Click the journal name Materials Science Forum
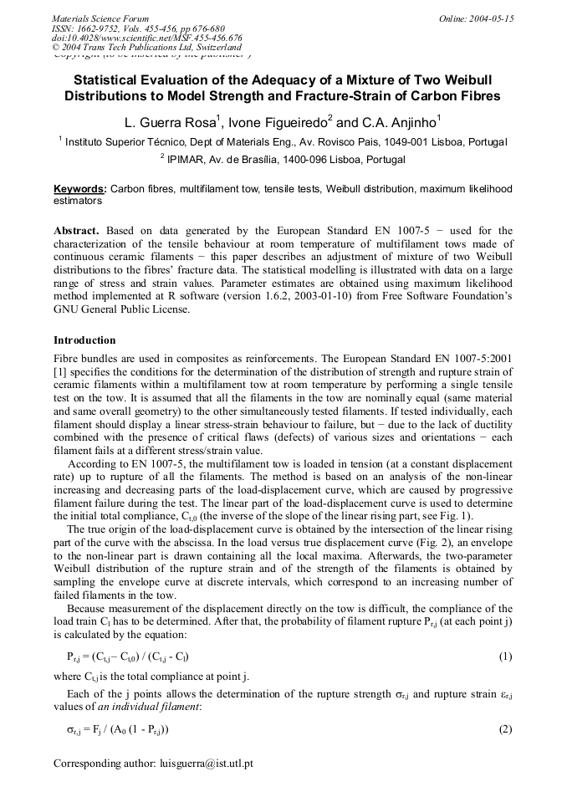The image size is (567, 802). (x=100, y=18)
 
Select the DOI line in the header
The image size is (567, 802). (x=147, y=38)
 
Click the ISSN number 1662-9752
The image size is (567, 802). (x=105, y=28)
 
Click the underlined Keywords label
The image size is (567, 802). (x=79, y=190)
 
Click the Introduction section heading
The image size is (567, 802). (x=84, y=340)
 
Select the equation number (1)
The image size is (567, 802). (x=505, y=656)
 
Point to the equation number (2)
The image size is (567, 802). (x=505, y=729)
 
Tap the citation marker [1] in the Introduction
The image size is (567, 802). (x=59, y=370)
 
